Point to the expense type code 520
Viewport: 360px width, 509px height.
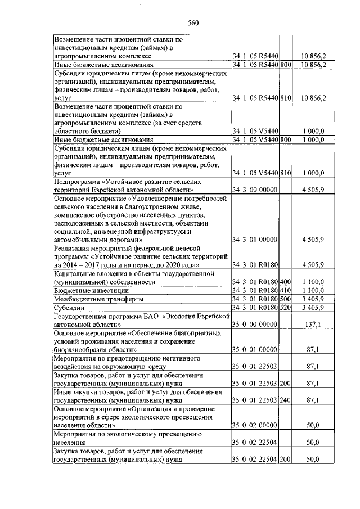285,308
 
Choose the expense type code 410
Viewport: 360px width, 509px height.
285,290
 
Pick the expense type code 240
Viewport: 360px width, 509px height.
285,400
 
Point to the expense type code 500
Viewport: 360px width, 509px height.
285,299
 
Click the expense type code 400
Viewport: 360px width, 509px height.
285,281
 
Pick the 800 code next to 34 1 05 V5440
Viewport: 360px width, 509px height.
285,139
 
